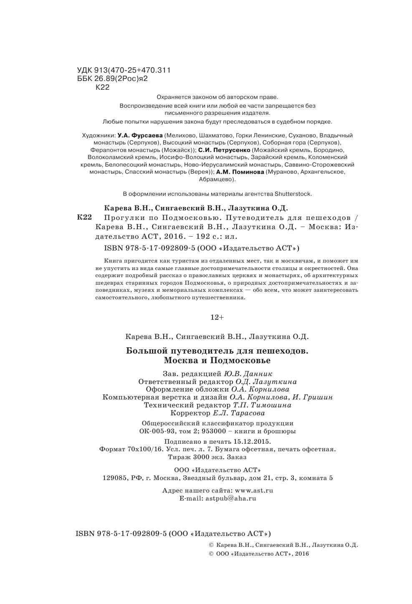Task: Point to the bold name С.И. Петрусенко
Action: click(x=224, y=149)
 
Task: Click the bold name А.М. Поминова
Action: click(x=240, y=172)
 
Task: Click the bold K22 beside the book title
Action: click(x=85, y=217)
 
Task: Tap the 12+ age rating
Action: click(x=217, y=317)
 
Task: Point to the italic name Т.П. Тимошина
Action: click(x=262, y=405)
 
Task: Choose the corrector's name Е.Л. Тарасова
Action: click(x=239, y=413)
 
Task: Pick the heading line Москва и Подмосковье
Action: click(x=217, y=360)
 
